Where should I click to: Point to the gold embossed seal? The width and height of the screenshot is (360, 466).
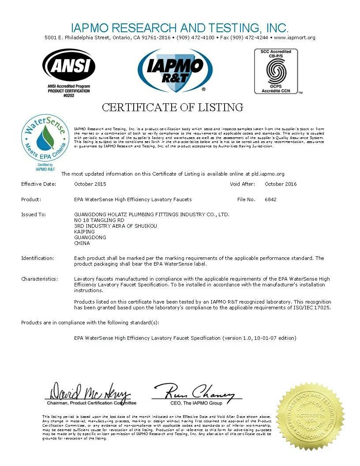point(311,416)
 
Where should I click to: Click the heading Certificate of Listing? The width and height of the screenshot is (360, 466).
point(172,107)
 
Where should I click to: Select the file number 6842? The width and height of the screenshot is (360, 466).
point(270,199)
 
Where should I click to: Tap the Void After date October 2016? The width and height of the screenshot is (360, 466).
point(281,184)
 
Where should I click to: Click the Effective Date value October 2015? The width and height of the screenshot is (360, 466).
point(90,184)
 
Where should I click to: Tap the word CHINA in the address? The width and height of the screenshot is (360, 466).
point(82,243)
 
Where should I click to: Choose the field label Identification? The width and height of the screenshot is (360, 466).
point(37,258)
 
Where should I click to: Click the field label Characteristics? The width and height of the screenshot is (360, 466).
point(39,279)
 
